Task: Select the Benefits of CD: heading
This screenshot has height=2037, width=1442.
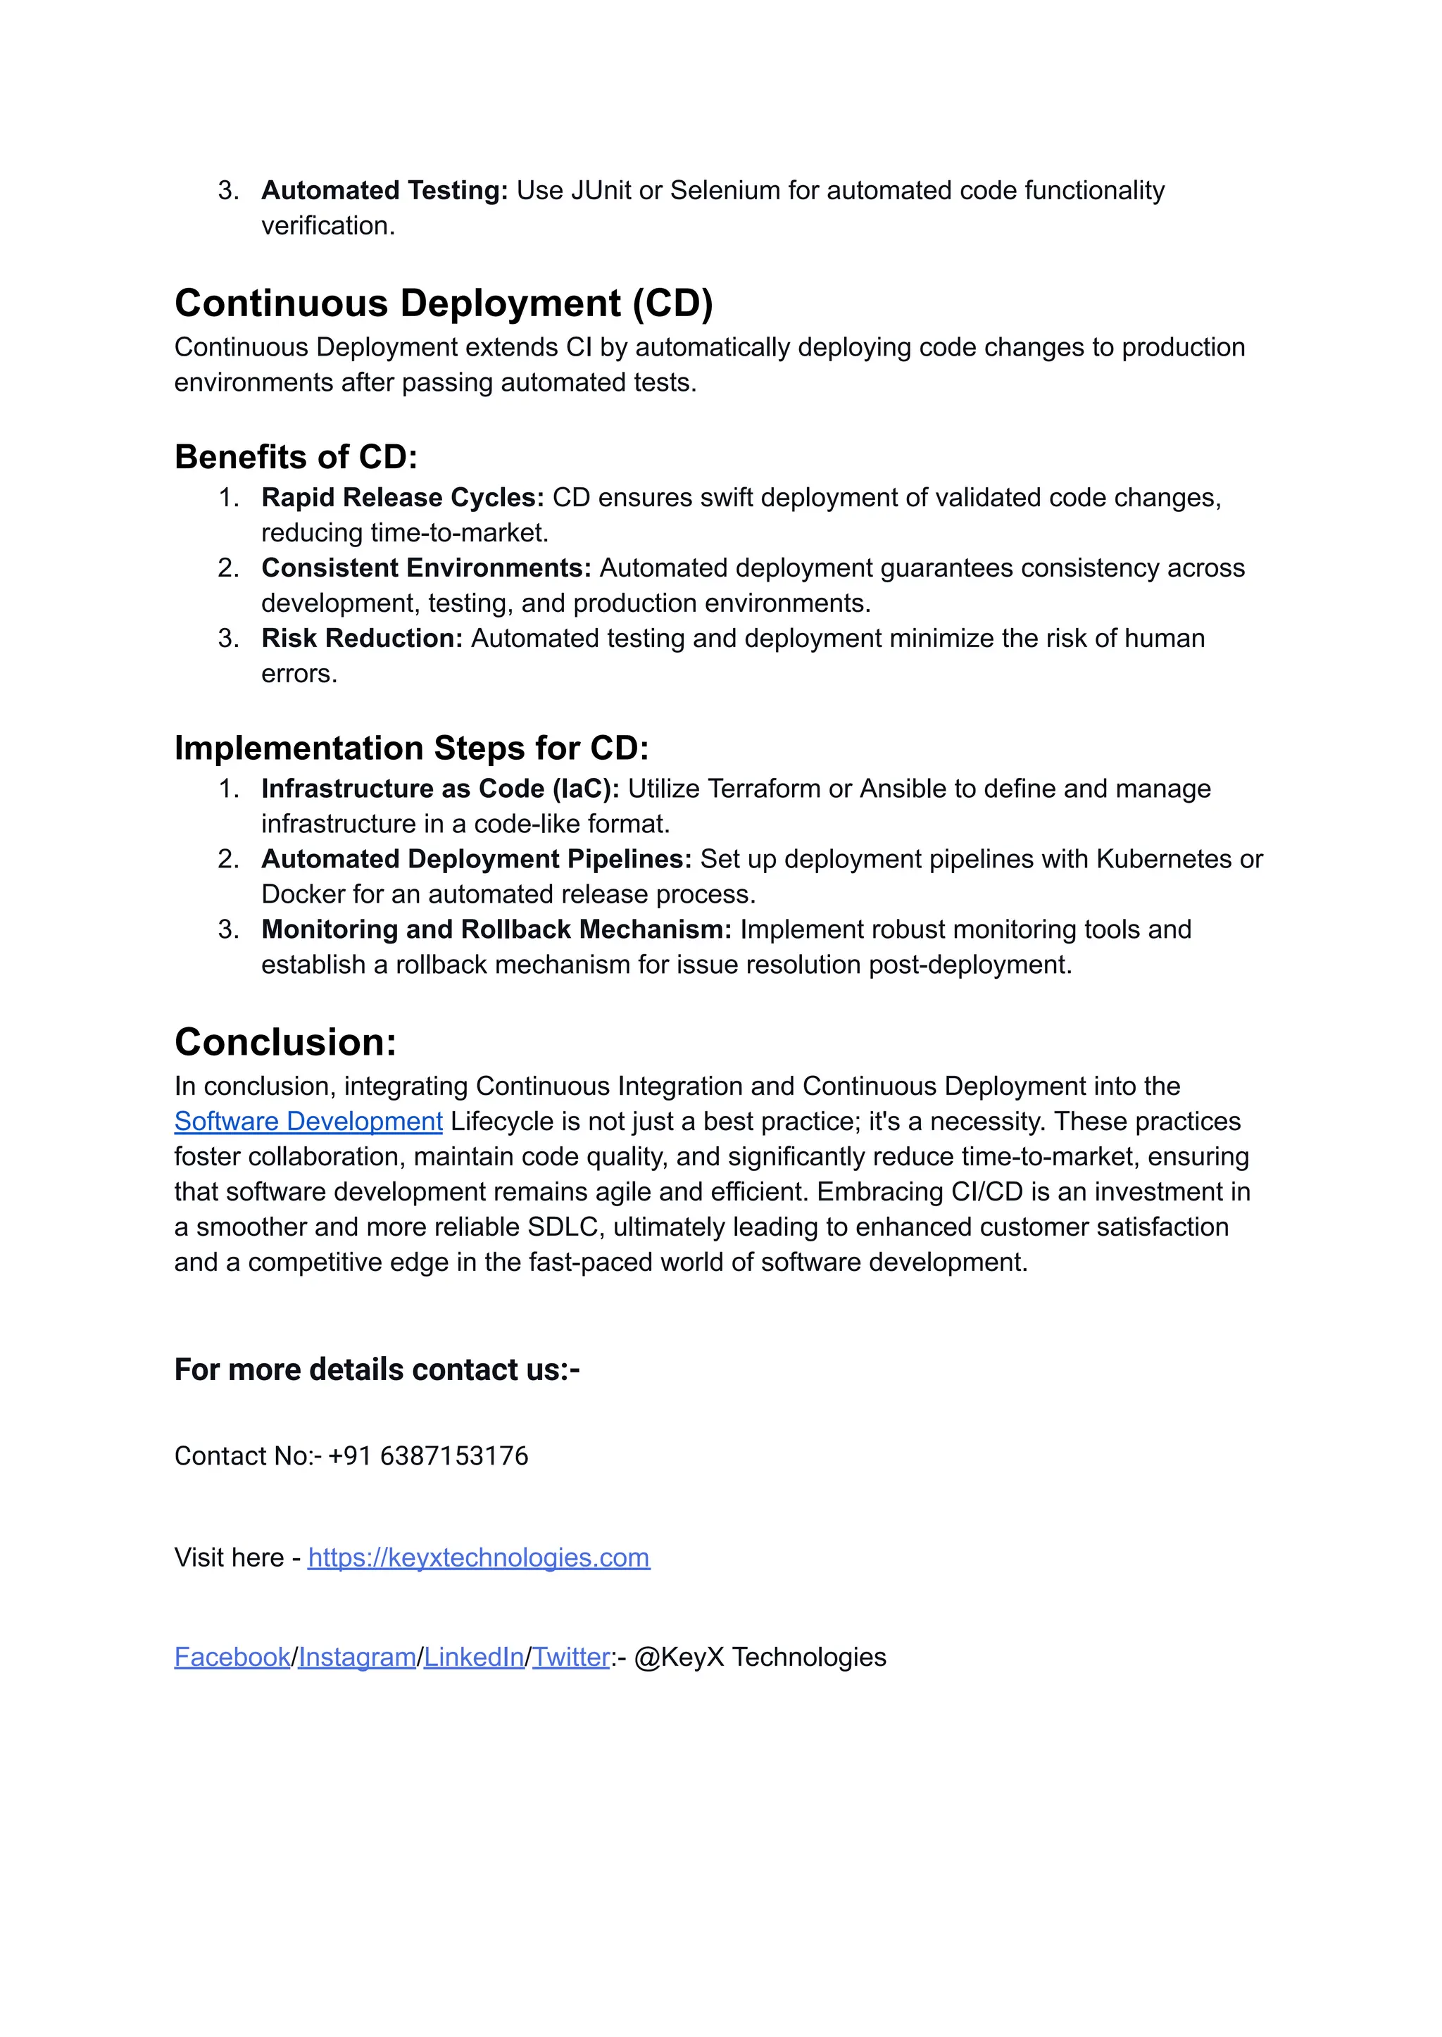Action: [x=296, y=457]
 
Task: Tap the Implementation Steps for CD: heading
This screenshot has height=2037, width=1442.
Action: [x=411, y=748]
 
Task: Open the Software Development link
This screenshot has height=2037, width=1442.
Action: [x=308, y=1122]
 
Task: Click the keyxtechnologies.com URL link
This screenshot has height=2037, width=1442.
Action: [x=479, y=1557]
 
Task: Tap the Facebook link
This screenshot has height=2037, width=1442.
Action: [x=232, y=1657]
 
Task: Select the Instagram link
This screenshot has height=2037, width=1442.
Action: [x=357, y=1657]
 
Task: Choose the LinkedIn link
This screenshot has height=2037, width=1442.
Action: [x=473, y=1657]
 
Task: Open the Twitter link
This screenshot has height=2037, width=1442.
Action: [x=571, y=1657]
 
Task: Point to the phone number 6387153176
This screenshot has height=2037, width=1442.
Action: [x=453, y=1456]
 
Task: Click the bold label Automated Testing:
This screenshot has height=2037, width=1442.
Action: [x=384, y=191]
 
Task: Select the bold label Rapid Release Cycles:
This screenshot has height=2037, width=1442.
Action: [x=402, y=498]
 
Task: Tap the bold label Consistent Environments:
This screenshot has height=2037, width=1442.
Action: [x=426, y=568]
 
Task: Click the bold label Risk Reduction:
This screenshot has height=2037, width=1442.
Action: [x=361, y=639]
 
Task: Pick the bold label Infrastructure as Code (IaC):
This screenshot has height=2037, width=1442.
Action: [x=439, y=789]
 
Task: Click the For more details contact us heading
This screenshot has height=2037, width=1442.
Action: [x=377, y=1370]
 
